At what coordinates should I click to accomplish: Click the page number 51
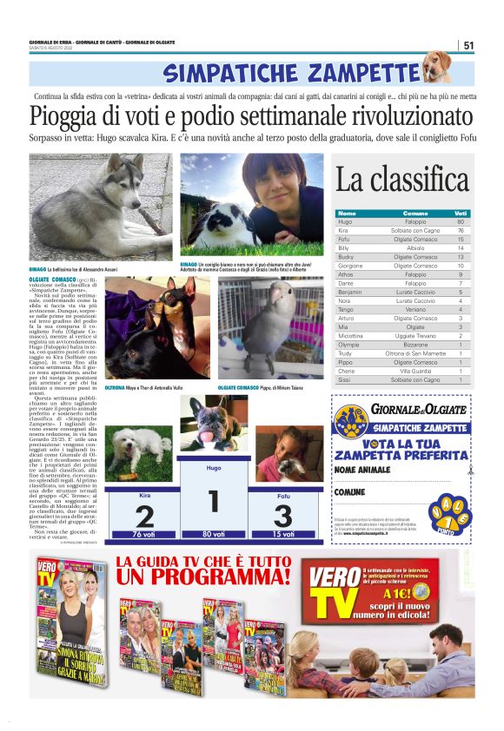(468, 45)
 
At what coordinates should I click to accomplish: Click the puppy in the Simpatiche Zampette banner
(436, 67)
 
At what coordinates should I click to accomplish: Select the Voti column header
(461, 213)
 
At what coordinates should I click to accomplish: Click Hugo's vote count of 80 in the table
(461, 221)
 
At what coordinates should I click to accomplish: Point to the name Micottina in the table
(351, 335)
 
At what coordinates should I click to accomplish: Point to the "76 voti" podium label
(144, 534)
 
